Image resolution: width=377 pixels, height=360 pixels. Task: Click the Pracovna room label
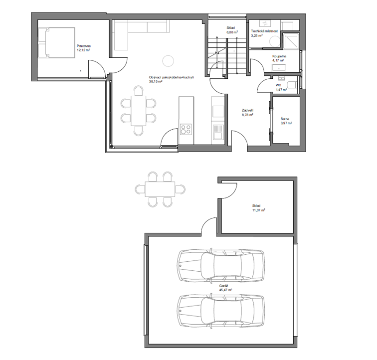[84, 46]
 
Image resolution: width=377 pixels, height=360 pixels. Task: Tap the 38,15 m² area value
[156, 82]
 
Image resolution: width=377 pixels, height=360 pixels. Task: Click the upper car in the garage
[221, 265]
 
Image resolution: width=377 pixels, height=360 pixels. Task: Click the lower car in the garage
[221, 311]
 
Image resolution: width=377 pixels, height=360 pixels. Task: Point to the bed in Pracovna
[56, 42]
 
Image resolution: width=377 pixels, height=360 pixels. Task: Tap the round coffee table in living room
[168, 61]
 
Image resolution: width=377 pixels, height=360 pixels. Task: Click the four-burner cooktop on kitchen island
[186, 129]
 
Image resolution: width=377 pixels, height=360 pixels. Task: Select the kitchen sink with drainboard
[218, 132]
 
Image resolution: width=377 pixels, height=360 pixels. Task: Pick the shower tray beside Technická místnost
[291, 40]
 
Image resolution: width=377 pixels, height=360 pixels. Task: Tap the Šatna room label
[285, 119]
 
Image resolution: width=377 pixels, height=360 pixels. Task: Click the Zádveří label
[247, 111]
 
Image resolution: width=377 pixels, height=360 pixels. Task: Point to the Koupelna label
[279, 56]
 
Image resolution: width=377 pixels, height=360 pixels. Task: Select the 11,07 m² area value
[259, 210]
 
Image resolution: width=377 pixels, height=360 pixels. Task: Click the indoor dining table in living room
[139, 111]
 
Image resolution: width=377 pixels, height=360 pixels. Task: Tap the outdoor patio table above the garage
[160, 189]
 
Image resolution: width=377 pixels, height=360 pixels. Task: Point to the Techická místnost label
[264, 31]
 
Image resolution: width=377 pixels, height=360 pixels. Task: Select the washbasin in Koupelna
[279, 68]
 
